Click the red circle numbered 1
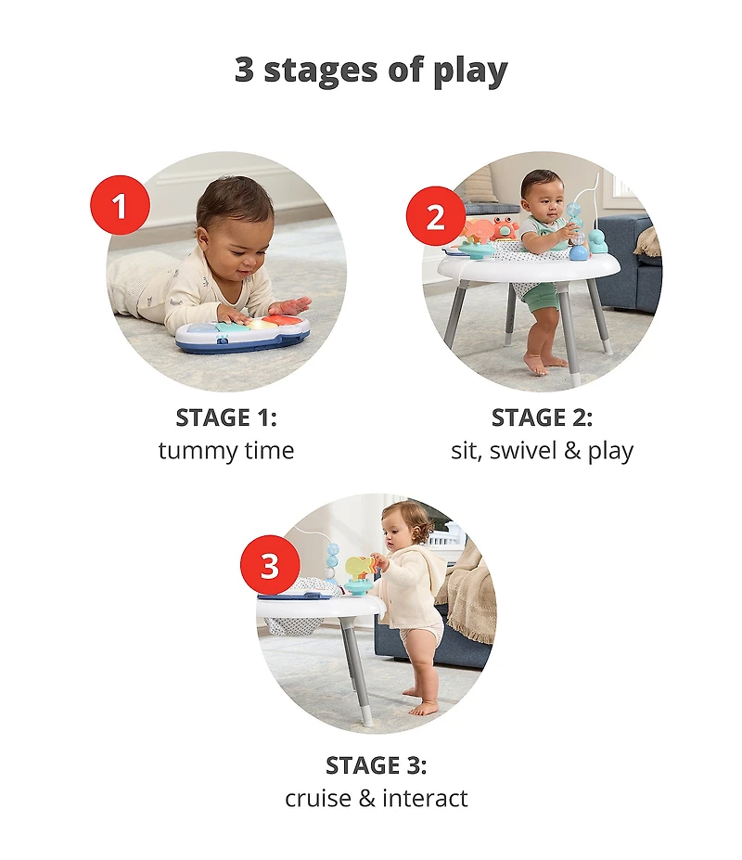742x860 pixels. [120, 205]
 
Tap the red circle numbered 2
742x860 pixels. [435, 218]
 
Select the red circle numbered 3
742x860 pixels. [270, 565]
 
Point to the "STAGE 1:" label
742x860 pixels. [226, 417]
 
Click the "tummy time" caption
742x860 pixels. [226, 451]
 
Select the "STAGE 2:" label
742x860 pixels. [542, 417]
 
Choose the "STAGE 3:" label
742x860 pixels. [376, 765]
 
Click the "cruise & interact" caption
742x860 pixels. [376, 798]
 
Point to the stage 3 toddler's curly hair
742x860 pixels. [410, 520]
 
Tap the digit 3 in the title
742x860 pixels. [245, 71]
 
